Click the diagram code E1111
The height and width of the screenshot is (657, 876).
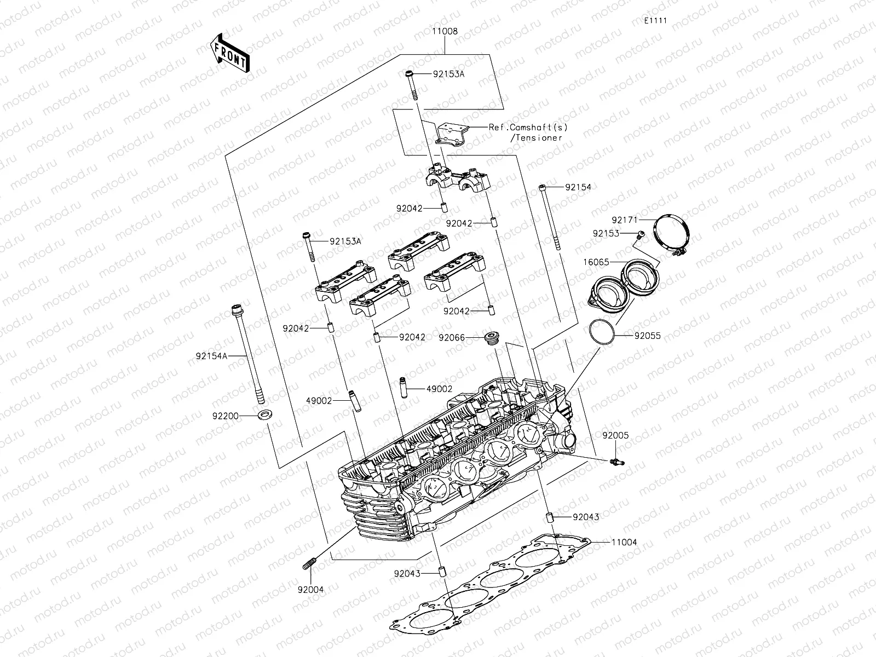[x=655, y=21]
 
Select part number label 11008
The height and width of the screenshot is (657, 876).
[x=445, y=32]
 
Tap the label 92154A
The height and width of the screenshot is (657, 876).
[x=211, y=355]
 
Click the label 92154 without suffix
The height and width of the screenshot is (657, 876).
[x=578, y=187]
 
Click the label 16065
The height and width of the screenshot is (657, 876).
[x=596, y=262]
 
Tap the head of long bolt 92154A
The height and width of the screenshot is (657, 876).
[x=238, y=309]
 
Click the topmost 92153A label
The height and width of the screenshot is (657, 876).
[x=448, y=74]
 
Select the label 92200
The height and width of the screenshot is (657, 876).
[x=226, y=416]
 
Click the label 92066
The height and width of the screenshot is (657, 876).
[x=451, y=338]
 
